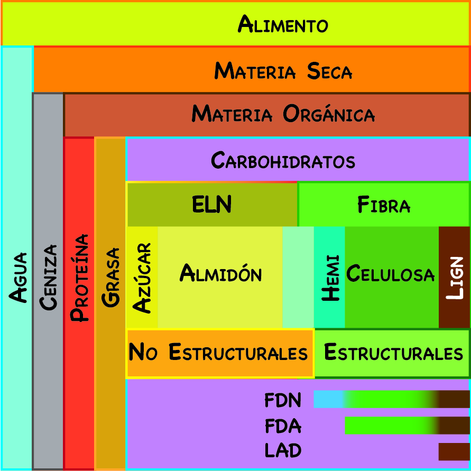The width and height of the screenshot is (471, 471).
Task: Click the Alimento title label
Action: (283, 24)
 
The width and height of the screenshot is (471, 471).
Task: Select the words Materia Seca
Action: (283, 71)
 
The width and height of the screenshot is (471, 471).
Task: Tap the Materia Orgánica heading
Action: (283, 114)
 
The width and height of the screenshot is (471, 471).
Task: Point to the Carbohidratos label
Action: (283, 160)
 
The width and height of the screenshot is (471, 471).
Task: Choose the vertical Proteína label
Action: (79, 278)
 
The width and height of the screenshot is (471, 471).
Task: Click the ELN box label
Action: (211, 204)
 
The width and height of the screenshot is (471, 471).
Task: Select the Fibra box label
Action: (384, 205)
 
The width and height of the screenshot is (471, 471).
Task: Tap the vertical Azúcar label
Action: (142, 278)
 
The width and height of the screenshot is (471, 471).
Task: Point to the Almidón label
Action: (220, 273)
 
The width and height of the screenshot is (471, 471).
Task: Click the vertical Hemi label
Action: (330, 278)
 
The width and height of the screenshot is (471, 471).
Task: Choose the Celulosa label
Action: (391, 274)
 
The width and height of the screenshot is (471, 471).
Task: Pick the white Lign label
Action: (454, 278)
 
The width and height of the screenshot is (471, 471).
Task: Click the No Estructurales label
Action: (218, 353)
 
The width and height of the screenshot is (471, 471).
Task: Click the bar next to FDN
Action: (391, 399)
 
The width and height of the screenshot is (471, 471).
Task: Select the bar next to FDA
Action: (407, 425)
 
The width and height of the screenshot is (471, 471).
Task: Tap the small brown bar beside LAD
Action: (454, 451)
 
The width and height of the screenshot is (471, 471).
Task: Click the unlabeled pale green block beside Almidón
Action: (298, 278)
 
